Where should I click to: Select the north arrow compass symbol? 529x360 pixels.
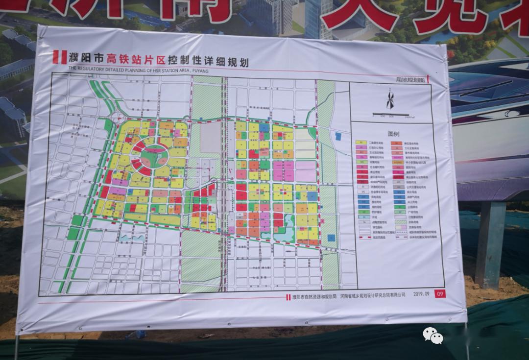coord(390,100)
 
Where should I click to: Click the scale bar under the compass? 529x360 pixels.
coord(390,115)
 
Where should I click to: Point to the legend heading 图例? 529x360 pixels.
coord(393,133)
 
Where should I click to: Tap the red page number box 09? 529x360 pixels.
coord(440,294)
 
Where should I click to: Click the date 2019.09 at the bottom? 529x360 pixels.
coord(421,294)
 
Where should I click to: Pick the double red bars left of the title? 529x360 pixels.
coord(60,57)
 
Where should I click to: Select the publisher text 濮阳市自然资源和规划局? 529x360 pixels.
coord(312,296)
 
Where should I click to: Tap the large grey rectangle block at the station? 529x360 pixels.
coord(211,137)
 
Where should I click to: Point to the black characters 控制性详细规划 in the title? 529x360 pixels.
coord(208,62)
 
